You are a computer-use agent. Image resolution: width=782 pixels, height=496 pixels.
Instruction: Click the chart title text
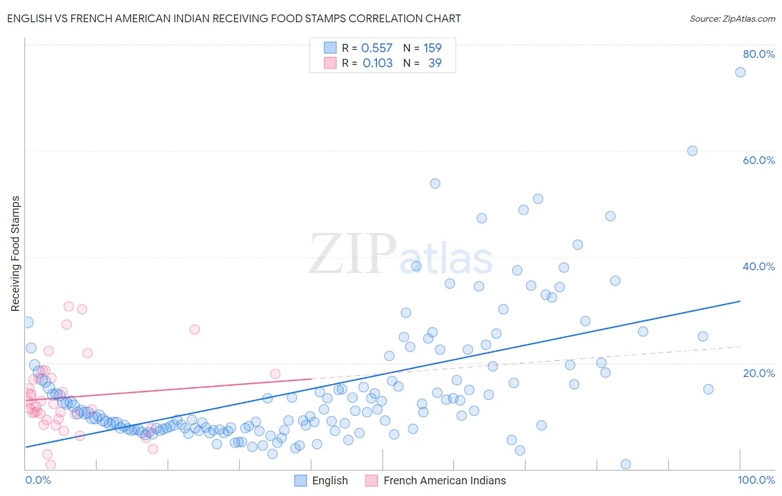(234, 18)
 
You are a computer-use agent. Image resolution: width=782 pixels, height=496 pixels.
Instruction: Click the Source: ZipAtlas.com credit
(732, 18)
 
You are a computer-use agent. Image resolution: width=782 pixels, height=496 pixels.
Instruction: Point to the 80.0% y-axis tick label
(759, 54)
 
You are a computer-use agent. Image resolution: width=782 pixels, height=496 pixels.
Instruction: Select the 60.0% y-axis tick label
(759, 160)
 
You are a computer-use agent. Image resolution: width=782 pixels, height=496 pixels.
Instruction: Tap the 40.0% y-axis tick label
(759, 266)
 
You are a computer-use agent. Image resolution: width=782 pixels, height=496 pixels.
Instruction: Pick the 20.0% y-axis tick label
(759, 373)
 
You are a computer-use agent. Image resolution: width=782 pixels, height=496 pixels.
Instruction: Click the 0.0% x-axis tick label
(38, 480)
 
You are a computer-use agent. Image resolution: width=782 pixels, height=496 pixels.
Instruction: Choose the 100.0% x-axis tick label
(756, 480)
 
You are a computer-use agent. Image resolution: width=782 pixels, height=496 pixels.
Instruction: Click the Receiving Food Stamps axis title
(16, 254)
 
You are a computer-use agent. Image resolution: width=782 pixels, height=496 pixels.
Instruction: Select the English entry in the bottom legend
(321, 480)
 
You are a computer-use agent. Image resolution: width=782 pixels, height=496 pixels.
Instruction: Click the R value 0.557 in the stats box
(377, 48)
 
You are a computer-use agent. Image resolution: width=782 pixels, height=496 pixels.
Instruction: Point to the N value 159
(432, 48)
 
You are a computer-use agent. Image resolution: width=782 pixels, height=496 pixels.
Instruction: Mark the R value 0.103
(377, 63)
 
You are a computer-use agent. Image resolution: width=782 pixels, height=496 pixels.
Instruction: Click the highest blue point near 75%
(740, 72)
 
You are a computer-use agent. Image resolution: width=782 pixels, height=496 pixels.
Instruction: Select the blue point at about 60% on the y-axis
(692, 151)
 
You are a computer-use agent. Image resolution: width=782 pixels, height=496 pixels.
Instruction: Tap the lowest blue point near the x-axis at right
(626, 464)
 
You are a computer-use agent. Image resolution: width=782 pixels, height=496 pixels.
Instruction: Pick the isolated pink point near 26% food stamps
(195, 329)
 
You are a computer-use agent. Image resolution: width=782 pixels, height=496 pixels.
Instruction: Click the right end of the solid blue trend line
(740, 301)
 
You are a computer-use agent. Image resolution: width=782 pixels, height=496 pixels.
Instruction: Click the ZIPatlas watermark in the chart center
(400, 255)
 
